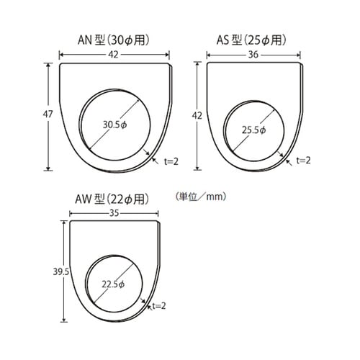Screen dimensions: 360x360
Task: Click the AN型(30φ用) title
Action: [x=113, y=40]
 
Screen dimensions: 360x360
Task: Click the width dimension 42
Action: [x=113, y=53]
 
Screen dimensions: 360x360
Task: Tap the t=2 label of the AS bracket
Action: [x=303, y=160]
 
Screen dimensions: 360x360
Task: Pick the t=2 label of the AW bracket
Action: [x=158, y=306]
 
